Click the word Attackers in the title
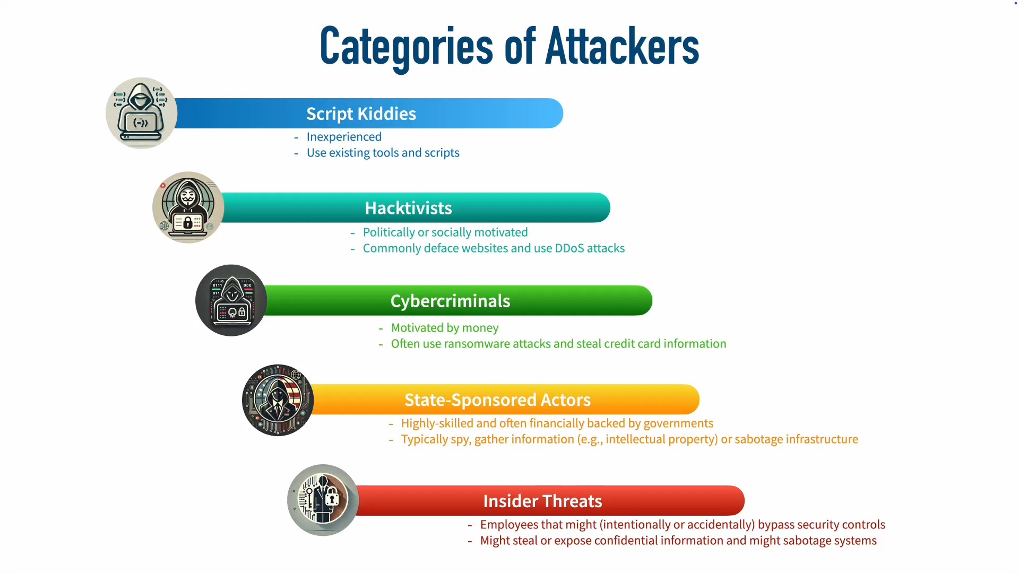622,46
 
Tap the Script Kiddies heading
361,114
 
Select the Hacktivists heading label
408,208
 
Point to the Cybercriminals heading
450,301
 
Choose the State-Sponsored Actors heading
497,400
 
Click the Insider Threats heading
542,501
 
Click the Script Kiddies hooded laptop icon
141,113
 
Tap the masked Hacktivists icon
188,207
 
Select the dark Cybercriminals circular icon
231,300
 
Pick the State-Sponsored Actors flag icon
278,400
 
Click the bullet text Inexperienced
344,137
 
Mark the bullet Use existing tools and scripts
383,153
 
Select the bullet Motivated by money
445,328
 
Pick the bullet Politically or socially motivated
445,232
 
